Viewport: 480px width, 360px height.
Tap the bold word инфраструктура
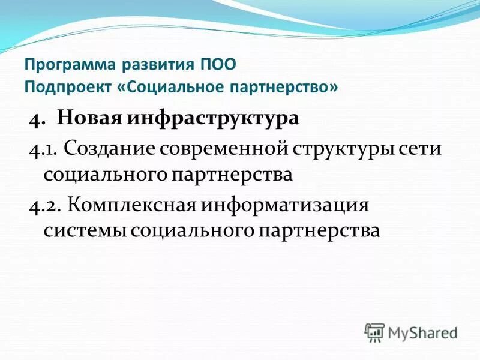coord(213,118)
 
